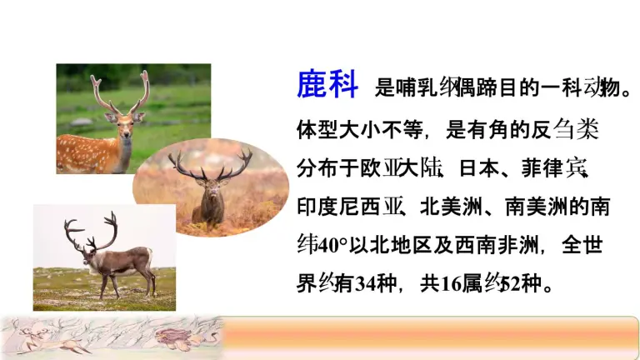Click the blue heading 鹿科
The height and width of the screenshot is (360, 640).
327,84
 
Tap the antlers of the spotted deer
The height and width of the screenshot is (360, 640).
121,92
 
